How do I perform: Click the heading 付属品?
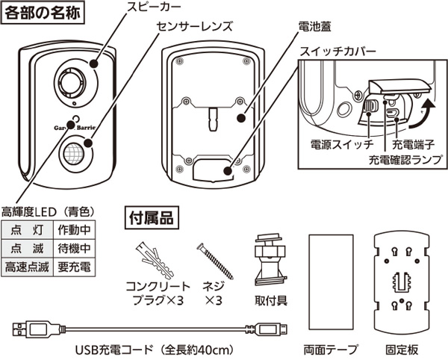(x=149, y=219)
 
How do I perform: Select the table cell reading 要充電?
(x=73, y=267)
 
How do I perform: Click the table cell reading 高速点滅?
(x=26, y=267)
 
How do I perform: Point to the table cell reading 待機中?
(x=73, y=249)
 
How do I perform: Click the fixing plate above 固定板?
(x=402, y=276)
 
